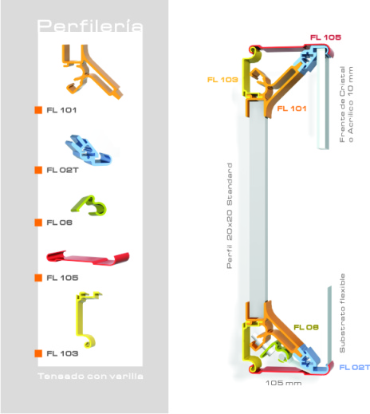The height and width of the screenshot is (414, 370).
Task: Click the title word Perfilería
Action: pos(90,26)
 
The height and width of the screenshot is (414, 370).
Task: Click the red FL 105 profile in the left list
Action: pos(88,258)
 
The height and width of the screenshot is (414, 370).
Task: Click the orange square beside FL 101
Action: pos(38,110)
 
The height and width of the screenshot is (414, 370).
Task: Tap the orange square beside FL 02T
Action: pos(38,170)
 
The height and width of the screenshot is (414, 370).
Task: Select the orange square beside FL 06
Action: pos(38,223)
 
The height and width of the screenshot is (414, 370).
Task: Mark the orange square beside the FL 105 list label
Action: pos(38,278)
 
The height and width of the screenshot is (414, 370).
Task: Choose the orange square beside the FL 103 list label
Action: pos(38,353)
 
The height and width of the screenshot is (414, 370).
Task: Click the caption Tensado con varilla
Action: pos(90,376)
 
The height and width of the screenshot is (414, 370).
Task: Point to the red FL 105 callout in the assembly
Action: pos(325,37)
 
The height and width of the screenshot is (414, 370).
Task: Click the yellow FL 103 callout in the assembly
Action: pos(222,80)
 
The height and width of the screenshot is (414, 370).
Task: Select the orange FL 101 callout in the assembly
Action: pos(292,108)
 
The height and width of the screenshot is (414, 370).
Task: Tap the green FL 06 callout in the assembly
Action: pos(306,327)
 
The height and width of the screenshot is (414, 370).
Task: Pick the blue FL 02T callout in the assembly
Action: pos(355,367)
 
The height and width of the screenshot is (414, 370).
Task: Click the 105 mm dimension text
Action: pos(284,383)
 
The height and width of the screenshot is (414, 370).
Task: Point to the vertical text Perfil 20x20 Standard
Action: pos(230,215)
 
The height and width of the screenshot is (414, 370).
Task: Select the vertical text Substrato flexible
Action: pos(342,313)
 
